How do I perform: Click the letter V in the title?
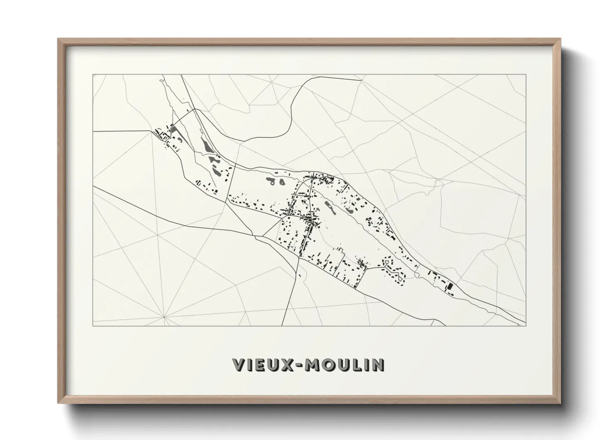pos(240,365)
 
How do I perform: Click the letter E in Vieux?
pos(263,365)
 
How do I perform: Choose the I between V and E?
pos(251,365)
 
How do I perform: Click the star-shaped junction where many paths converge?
pos(164,317)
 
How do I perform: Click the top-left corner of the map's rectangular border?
pos(93,75)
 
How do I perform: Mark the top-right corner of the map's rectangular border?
pos(526,75)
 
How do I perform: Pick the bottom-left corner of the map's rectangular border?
pos(93,326)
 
